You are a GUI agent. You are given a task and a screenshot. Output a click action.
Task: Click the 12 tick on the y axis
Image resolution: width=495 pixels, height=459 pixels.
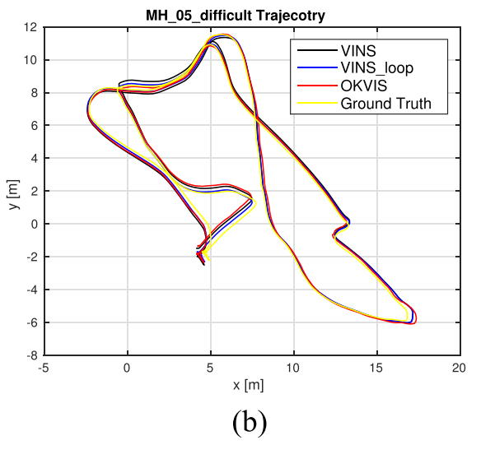30,26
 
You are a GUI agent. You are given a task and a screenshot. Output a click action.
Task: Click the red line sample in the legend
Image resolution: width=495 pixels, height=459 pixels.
315,86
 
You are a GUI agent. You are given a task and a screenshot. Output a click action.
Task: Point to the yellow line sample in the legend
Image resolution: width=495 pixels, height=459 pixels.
315,104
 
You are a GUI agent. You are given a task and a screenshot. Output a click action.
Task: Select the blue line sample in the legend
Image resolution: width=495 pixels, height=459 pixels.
315,68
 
